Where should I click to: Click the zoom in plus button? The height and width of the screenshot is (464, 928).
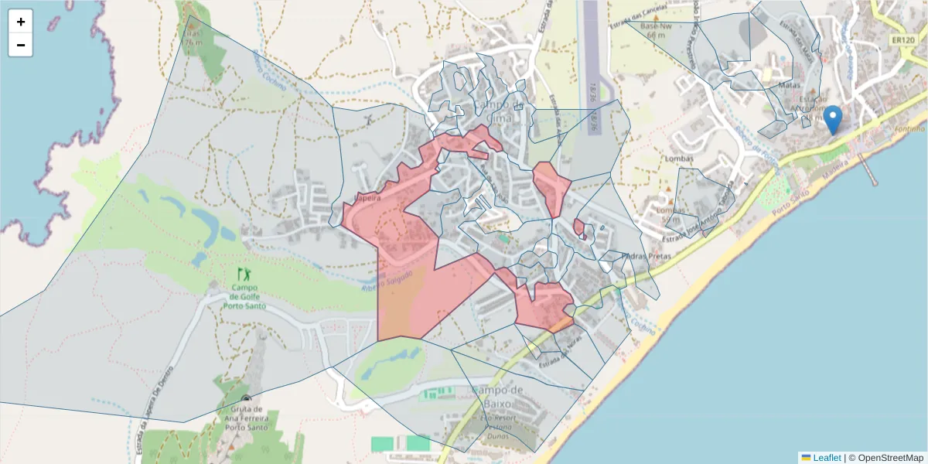[x=21, y=22]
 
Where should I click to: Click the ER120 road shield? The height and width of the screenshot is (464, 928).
[x=902, y=39]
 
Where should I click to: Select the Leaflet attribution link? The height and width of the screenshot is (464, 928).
[x=827, y=457]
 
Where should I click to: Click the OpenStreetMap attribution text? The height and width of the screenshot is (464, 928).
[x=890, y=457]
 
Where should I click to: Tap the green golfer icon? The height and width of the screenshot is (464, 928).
[x=244, y=274]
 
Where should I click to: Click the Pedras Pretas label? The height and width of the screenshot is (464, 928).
[x=623, y=256]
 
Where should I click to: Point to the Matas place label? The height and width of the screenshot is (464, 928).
[x=790, y=86]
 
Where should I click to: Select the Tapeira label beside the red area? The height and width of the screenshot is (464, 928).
[x=367, y=198]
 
